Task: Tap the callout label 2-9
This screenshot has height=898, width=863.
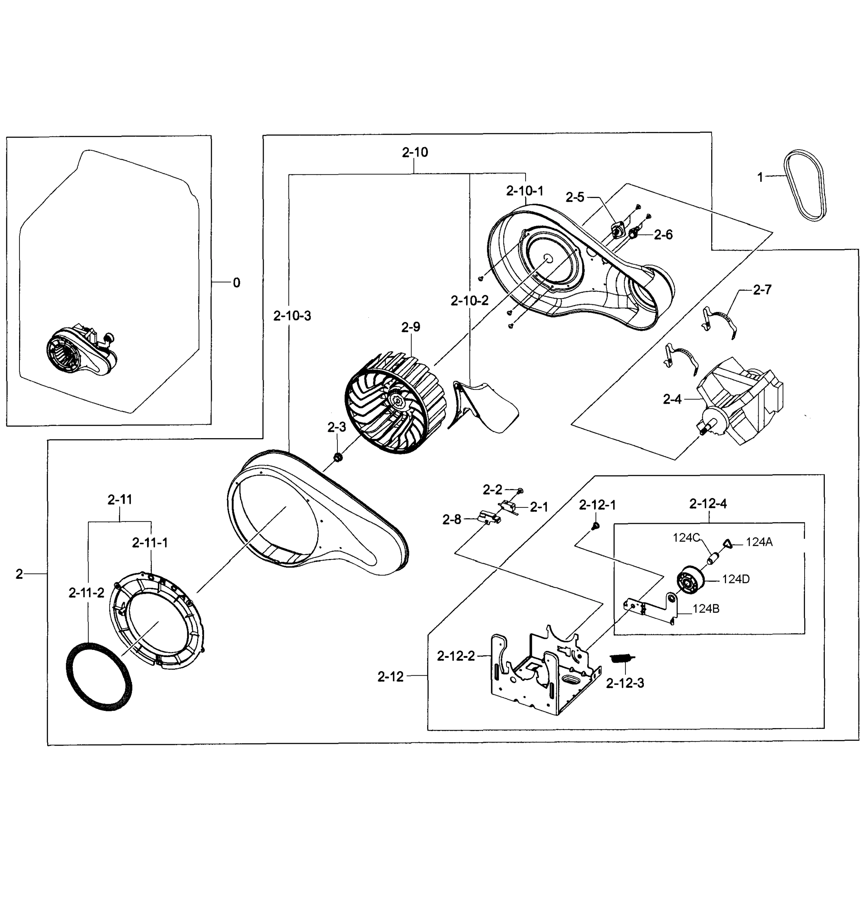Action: tap(410, 327)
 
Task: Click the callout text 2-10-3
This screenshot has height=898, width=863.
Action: tap(292, 316)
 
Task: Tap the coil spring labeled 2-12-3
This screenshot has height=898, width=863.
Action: tap(622, 659)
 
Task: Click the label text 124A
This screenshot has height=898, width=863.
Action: tap(759, 542)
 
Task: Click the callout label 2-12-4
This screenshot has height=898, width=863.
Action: tap(708, 504)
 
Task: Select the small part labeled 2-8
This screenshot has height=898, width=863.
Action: tap(488, 518)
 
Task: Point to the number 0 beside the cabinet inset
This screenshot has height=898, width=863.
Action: tap(236, 283)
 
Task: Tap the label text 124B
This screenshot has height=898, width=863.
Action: tap(706, 609)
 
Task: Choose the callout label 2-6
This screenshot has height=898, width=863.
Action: tap(663, 235)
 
